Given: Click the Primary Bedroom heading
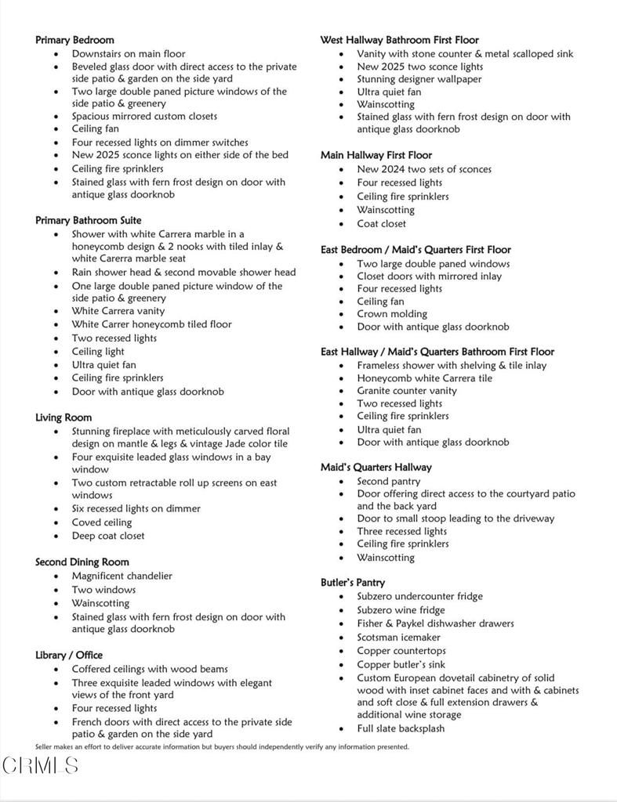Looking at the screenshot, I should point(74,40).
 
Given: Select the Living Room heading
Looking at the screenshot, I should point(64,417).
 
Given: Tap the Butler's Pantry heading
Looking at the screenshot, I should point(352,583).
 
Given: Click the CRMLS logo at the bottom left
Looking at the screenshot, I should point(40,765).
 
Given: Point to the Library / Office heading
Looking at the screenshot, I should point(69,655).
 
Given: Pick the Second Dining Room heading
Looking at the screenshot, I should point(82,562).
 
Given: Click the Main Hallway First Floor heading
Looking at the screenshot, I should point(376,155).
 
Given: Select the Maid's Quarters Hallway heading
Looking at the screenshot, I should point(376,468).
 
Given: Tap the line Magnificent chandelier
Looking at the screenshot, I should point(122,576).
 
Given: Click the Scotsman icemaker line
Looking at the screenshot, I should point(399,638).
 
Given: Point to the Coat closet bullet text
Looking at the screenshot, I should point(382,223).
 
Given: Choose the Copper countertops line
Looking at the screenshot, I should point(401,651).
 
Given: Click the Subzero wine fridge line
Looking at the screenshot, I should point(401,610).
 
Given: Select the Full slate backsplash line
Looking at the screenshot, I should point(401,728).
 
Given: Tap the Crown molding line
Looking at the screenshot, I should point(392,314).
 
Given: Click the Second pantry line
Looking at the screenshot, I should point(389,481).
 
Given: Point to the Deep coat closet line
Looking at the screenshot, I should point(108,536).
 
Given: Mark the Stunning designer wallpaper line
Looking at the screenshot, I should point(419,79).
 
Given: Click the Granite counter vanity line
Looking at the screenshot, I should point(407,391).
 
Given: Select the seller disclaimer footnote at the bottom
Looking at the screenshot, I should point(222,747).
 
